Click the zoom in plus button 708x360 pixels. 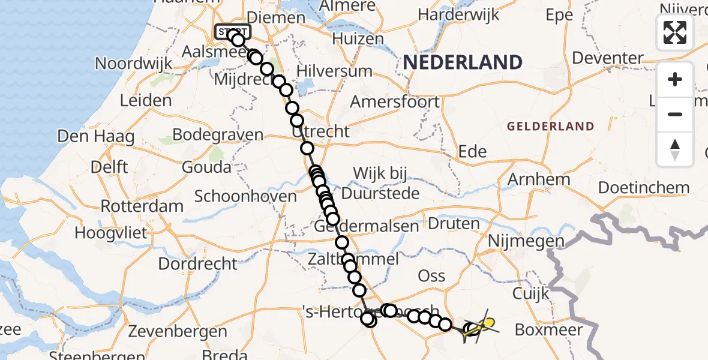pyautogui.click(x=675, y=79)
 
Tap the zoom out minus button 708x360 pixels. pyautogui.click(x=675, y=114)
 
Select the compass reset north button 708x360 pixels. pyautogui.click(x=675, y=149)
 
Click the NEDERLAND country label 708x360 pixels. pyautogui.click(x=462, y=62)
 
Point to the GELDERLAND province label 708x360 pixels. pyautogui.click(x=550, y=127)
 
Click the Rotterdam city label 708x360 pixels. pyautogui.click(x=142, y=206)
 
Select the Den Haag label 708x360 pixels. pyautogui.click(x=95, y=137)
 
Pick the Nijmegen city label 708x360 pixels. pyautogui.click(x=527, y=241)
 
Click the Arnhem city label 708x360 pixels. pyautogui.click(x=539, y=179)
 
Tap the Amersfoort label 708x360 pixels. pyautogui.click(x=394, y=101)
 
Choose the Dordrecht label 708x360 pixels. pyautogui.click(x=198, y=263)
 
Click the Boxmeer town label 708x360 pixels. pyautogui.click(x=548, y=329)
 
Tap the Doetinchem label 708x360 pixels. pyautogui.click(x=644, y=188)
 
